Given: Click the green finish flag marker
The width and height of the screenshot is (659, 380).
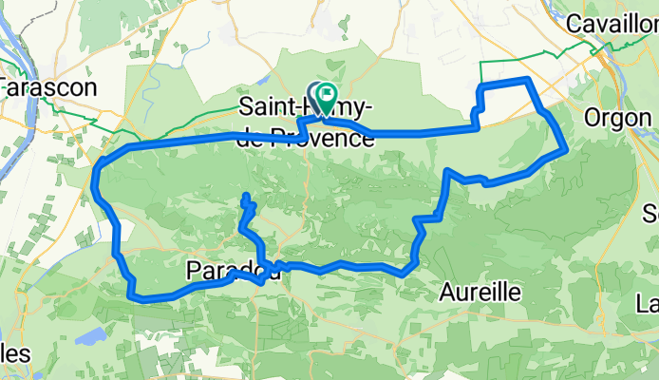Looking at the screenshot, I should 326,94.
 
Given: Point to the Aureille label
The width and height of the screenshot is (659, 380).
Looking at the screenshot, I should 480,292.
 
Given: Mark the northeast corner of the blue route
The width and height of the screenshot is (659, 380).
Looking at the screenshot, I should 528,80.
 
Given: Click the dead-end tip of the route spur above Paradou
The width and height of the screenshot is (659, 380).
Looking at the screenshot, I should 246,197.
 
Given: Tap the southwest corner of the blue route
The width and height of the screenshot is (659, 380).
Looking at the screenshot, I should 133,294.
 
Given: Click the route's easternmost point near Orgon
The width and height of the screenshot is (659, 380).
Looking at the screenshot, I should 567,148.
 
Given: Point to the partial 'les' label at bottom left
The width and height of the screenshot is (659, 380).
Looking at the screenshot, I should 13,353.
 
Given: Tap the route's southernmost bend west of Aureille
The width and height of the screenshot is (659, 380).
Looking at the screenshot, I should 405,274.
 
